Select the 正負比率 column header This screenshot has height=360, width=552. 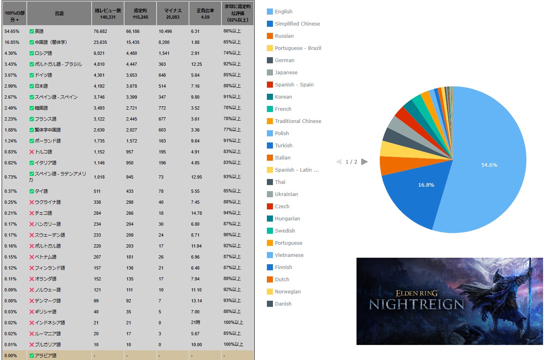[205, 14]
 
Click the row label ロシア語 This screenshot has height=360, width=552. [43, 53]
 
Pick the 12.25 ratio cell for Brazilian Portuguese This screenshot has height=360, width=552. [196, 64]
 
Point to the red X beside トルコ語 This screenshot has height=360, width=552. [32, 152]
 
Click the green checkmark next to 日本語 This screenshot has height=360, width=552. [32, 86]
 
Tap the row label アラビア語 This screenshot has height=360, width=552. [45, 356]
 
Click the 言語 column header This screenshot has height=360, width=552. [59, 14]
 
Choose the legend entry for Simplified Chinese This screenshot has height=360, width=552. [297, 24]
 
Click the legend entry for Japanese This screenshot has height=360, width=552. [286, 73]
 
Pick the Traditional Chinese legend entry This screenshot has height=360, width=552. [298, 121]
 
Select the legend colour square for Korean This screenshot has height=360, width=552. [270, 97]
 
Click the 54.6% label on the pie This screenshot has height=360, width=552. [489, 165]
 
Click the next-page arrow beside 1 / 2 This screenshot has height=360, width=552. [364, 162]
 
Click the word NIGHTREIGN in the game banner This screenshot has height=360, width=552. [416, 304]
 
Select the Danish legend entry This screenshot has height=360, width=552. [283, 304]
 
